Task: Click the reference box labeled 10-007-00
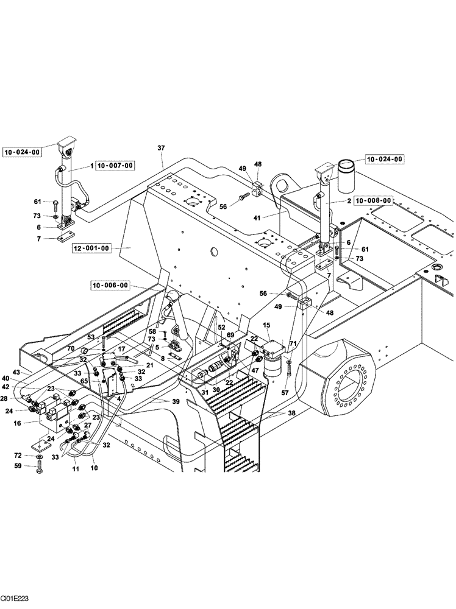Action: click(115, 165)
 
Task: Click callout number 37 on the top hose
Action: click(161, 148)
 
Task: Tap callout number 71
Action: click(293, 345)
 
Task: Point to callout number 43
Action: click(16, 372)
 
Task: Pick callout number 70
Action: click(71, 348)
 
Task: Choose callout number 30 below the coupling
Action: click(216, 390)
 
